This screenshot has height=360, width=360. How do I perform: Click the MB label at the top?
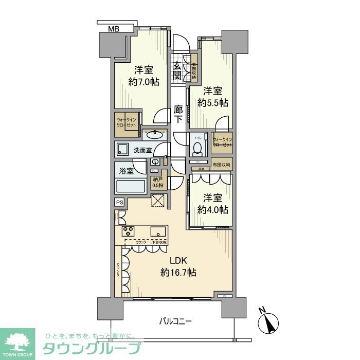(113, 29)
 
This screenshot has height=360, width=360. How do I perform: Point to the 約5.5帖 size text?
(214, 103)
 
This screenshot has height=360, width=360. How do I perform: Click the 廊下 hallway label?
(178, 114)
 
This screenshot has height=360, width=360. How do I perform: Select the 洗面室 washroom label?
(142, 150)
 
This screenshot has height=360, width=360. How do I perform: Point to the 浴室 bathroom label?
(127, 170)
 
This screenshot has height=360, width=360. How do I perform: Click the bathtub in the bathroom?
(131, 186)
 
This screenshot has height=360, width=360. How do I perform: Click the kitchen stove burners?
(129, 231)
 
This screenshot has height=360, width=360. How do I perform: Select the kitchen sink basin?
(158, 231)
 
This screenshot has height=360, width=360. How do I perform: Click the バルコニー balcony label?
(174, 322)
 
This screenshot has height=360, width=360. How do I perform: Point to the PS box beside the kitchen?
(119, 202)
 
